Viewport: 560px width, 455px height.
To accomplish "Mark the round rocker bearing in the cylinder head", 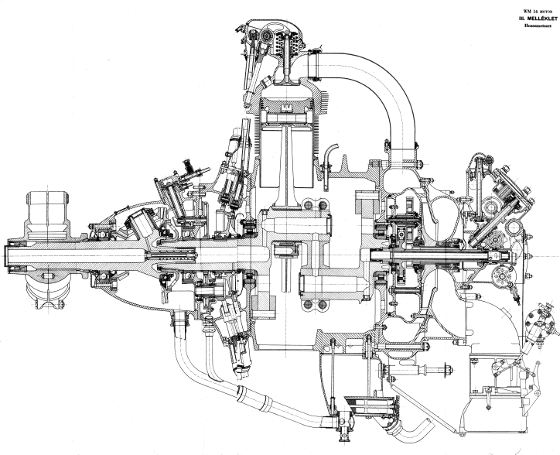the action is tap(267, 35).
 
